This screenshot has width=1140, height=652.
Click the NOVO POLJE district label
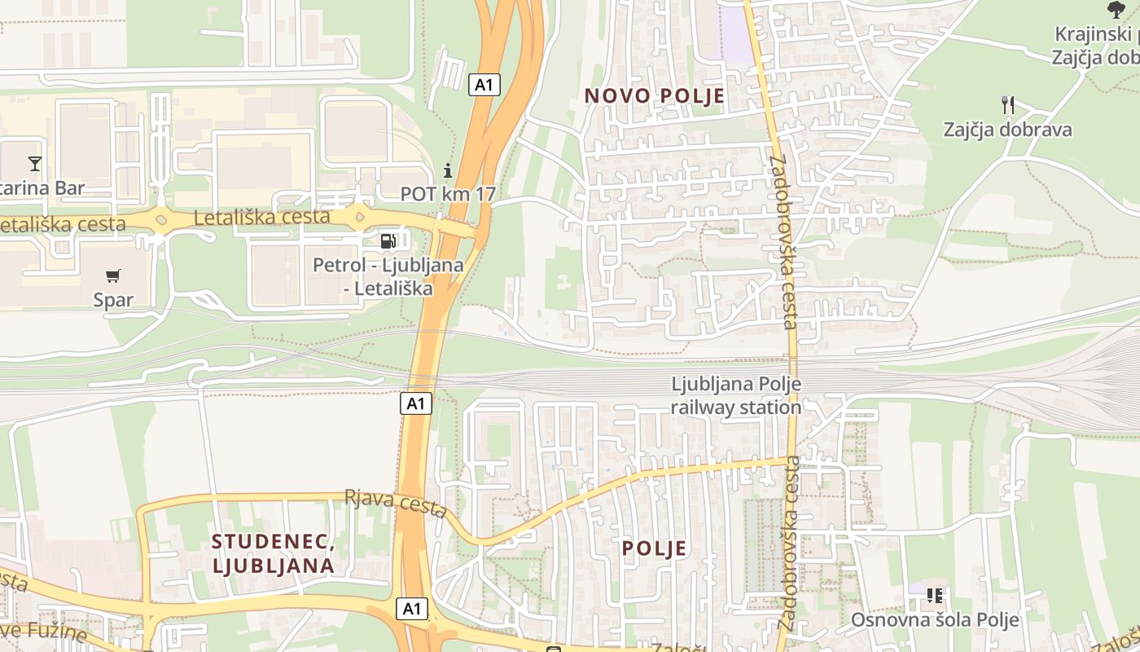(654, 96)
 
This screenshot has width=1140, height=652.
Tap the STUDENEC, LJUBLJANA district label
(273, 553)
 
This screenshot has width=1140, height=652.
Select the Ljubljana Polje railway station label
(736, 395)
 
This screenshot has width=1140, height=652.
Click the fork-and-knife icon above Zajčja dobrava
(1007, 104)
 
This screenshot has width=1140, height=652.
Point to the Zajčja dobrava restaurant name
(1007, 130)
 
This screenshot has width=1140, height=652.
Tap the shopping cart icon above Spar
(113, 275)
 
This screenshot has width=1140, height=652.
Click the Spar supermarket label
(113, 299)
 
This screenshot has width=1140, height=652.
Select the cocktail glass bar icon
(34, 164)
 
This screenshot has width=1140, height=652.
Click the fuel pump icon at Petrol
(388, 240)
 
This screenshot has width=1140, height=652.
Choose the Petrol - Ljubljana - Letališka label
(388, 276)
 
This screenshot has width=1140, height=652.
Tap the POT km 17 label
(448, 194)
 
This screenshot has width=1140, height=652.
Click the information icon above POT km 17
(447, 170)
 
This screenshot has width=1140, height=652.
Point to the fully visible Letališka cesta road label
(261, 217)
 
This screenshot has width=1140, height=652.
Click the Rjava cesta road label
(396, 503)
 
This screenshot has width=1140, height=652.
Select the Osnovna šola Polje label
(935, 619)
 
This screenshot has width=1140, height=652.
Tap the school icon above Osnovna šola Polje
(934, 596)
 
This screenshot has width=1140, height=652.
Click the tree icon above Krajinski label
(1116, 10)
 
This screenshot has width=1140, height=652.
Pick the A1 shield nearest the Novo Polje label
(484, 84)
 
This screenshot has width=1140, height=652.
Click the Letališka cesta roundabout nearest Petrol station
(358, 218)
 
